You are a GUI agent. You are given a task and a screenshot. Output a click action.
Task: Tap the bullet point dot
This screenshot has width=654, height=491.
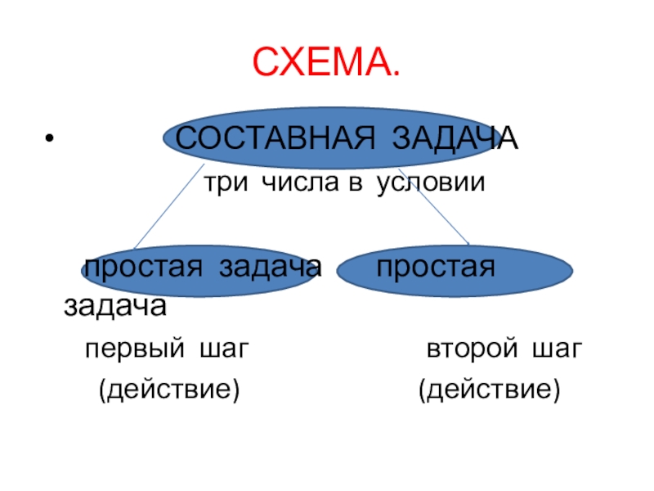coord(50,137)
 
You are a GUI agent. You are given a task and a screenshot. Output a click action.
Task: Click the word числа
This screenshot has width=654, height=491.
coord(294,183)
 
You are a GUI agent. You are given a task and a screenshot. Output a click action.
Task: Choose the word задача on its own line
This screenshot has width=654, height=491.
coord(115,308)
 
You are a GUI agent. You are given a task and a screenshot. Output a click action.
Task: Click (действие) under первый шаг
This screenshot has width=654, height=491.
coord(169,389)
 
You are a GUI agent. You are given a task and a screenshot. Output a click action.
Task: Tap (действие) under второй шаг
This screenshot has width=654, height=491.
coord(489,389)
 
